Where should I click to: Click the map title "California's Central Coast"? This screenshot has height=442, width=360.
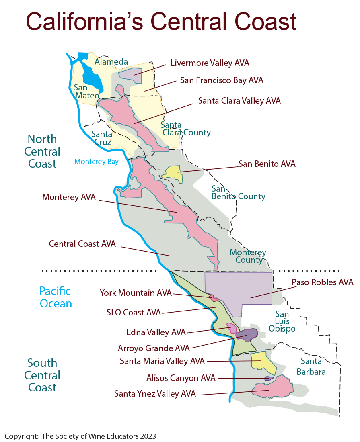pyautogui.click(x=161, y=22)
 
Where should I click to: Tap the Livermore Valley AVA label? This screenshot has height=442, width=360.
pyautogui.click(x=210, y=63)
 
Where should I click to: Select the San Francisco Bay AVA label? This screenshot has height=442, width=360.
pyautogui.click(x=222, y=80)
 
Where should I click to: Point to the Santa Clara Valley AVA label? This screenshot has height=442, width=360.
pyautogui.click(x=239, y=100)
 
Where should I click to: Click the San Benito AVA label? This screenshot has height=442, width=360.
pyautogui.click(x=267, y=164)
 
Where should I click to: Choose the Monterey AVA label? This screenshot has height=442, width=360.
pyautogui.click(x=69, y=197)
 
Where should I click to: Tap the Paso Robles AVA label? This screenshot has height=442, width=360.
pyautogui.click(x=322, y=282)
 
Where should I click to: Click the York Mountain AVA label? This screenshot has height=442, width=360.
pyautogui.click(x=136, y=293)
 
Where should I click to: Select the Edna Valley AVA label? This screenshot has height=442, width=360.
pyautogui.click(x=156, y=332)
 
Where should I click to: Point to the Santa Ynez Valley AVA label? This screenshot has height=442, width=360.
pyautogui.click(x=155, y=394)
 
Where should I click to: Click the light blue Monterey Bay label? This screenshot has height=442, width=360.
pyautogui.click(x=97, y=162)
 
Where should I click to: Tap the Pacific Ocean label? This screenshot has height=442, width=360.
pyautogui.click(x=55, y=297)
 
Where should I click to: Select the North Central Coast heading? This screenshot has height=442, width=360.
pyautogui.click(x=42, y=151)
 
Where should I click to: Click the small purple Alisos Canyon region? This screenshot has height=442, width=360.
pyautogui.click(x=268, y=378)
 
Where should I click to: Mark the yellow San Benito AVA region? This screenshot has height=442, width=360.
pyautogui.click(x=172, y=173)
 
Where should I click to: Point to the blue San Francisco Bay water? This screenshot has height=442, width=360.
pyautogui.click(x=91, y=78)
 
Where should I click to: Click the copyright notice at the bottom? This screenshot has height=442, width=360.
pyautogui.click(x=80, y=436)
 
